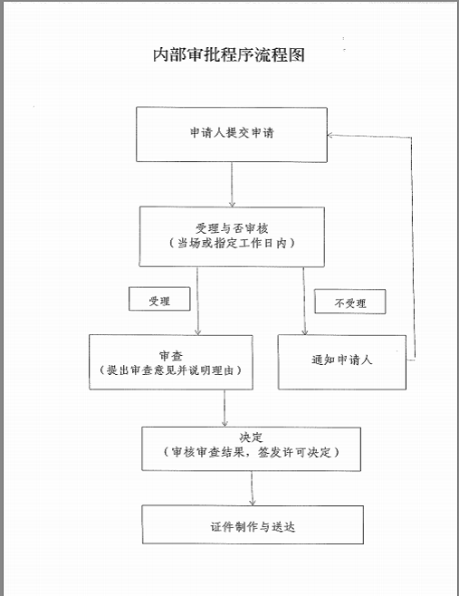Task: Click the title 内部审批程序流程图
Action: point(229,55)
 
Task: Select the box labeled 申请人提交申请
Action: point(232,135)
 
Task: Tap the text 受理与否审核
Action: point(232,228)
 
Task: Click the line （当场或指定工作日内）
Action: point(232,243)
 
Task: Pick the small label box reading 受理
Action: point(159,299)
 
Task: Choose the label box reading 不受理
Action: point(350,302)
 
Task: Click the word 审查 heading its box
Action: point(171,356)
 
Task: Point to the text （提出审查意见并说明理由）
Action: point(170,370)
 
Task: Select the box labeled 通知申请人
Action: point(342,362)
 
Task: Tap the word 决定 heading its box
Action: point(251,437)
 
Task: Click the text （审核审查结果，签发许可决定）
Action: point(251,452)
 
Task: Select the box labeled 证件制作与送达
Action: point(253,524)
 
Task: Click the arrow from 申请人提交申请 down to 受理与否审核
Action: point(232,185)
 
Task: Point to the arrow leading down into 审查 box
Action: point(197,301)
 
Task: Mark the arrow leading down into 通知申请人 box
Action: point(304,301)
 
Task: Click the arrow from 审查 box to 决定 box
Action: point(225,408)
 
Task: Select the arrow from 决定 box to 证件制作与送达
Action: point(252,488)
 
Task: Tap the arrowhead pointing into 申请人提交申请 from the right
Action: point(330,135)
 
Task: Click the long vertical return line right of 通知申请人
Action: point(413,247)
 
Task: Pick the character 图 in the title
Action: point(297,55)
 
